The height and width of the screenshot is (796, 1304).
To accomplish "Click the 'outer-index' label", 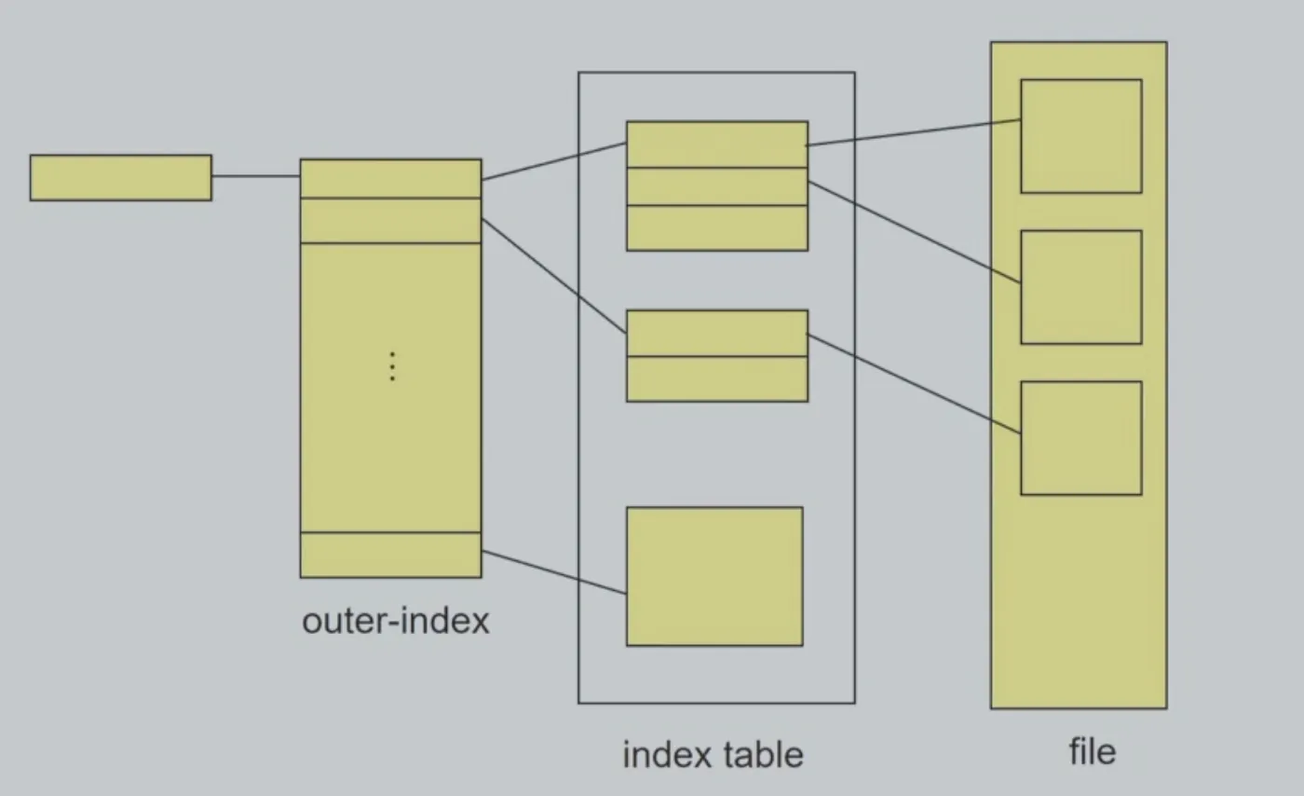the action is click(396, 621).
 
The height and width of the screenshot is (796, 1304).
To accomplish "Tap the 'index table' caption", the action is click(713, 755).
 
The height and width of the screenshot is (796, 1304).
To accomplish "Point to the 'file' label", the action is click(1093, 751).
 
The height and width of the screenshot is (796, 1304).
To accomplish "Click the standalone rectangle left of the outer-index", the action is click(121, 178).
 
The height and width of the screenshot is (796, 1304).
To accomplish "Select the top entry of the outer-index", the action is click(390, 178).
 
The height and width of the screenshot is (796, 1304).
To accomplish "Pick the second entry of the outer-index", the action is click(390, 221).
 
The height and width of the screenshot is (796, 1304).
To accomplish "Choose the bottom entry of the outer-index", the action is click(390, 555).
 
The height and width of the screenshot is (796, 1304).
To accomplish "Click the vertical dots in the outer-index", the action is click(392, 366).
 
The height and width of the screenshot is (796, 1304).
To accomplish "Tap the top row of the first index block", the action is click(717, 144).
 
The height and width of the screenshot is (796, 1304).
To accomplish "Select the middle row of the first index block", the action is click(717, 186).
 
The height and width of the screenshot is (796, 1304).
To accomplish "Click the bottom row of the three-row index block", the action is click(717, 228).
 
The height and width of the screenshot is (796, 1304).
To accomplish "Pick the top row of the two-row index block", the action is click(717, 334).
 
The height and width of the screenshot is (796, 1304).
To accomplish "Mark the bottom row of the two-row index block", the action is click(717, 379).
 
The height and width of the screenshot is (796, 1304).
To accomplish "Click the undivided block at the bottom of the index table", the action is click(715, 576).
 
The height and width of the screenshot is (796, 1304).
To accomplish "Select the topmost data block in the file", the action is click(1081, 136).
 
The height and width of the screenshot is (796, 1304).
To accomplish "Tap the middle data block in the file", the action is click(1081, 287).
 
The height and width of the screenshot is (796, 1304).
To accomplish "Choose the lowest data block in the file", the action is click(1081, 438).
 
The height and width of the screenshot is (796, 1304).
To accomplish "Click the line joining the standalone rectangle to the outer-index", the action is click(256, 176).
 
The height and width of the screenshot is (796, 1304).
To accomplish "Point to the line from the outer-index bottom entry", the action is click(554, 572).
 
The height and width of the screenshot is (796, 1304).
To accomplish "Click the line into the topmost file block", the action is click(914, 132).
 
